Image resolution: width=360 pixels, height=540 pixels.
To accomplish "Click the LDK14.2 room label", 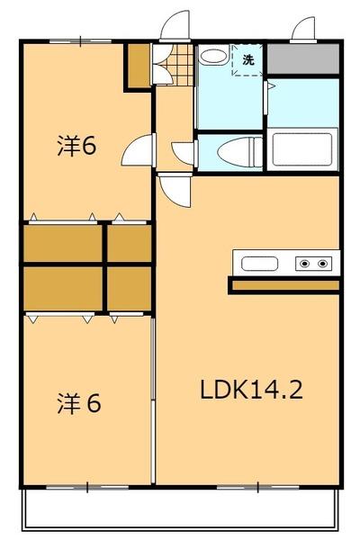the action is pyautogui.click(x=251, y=390).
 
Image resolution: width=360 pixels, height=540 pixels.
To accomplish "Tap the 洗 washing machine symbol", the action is pyautogui.click(x=248, y=60).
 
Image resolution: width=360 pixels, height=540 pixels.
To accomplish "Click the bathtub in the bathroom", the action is pyautogui.click(x=302, y=149).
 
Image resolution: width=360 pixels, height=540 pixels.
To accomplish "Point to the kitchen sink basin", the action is pyautogui.click(x=259, y=264).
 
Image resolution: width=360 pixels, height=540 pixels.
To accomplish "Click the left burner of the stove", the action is pyautogui.click(x=304, y=264).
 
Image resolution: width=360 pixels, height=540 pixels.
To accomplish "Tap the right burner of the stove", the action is pyautogui.click(x=322, y=264).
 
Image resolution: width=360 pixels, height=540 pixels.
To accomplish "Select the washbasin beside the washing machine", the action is pyautogui.click(x=213, y=56).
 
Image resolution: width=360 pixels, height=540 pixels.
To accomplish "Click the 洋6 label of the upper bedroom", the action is pyautogui.click(x=76, y=145).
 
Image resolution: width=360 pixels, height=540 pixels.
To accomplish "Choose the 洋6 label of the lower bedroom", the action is pyautogui.click(x=79, y=403).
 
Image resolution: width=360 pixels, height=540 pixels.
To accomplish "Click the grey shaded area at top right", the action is pyautogui.click(x=303, y=58).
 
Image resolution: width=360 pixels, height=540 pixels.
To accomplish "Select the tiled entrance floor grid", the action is pyautogui.click(x=180, y=65).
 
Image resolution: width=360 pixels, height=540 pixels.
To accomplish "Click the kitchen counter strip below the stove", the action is pyautogui.click(x=285, y=285).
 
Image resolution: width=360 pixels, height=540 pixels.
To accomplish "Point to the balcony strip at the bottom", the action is pyautogui.click(x=180, y=508).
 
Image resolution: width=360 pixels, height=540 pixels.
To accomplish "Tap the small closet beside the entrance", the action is pyautogui.click(x=139, y=66).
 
